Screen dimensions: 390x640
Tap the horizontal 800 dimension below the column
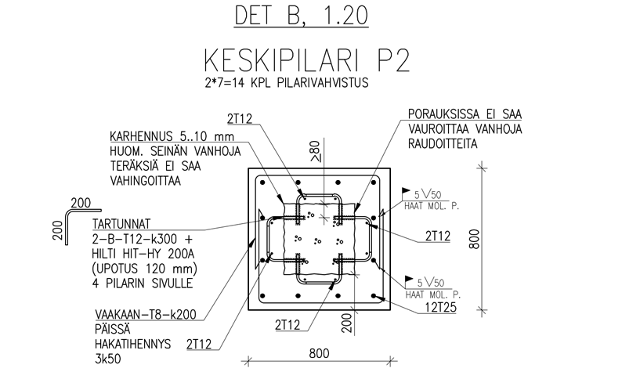click(x=318, y=352)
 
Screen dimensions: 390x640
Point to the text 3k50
click(x=100, y=361)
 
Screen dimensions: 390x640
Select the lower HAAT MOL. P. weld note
click(x=431, y=295)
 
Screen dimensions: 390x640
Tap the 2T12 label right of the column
click(x=437, y=235)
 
